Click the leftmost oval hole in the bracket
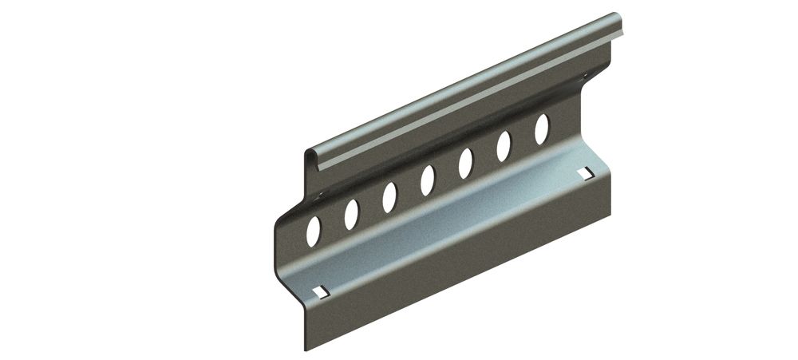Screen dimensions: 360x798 [314, 231]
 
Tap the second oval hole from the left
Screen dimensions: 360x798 [351, 214]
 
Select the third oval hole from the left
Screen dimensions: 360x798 [389, 197]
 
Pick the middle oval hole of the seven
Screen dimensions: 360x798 [428, 180]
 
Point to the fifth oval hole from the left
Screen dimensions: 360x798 [466, 163]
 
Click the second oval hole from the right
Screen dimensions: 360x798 [504, 146]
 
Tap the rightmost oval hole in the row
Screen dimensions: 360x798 [541, 129]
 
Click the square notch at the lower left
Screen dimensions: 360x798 [321, 291]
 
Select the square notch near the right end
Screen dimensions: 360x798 [587, 172]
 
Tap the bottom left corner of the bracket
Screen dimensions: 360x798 [306, 347]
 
